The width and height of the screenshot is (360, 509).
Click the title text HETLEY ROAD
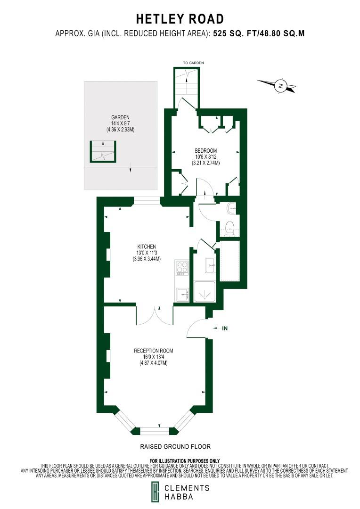tap(180, 19)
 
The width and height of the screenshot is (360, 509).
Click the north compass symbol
tap(280, 86)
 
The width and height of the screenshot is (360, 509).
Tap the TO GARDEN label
tap(193, 63)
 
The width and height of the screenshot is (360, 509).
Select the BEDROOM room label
tap(205, 151)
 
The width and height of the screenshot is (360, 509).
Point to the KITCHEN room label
tap(147, 246)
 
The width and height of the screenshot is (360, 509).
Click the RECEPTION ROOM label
tap(154, 351)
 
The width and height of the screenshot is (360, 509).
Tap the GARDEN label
tap(120, 117)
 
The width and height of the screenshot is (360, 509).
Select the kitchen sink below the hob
tap(182, 295)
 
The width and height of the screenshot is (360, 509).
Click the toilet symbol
tap(230, 228)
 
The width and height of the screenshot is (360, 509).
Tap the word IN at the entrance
tap(225, 328)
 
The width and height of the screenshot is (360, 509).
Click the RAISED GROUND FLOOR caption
tap(175, 446)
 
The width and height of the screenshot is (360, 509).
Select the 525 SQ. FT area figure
tap(231, 33)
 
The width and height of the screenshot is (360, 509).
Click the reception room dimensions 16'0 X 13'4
tap(154, 357)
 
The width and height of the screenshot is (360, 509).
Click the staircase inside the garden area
tap(103, 151)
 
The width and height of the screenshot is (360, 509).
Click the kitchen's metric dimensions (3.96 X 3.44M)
tap(147, 259)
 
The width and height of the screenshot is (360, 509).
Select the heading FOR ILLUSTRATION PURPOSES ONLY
tap(185, 460)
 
